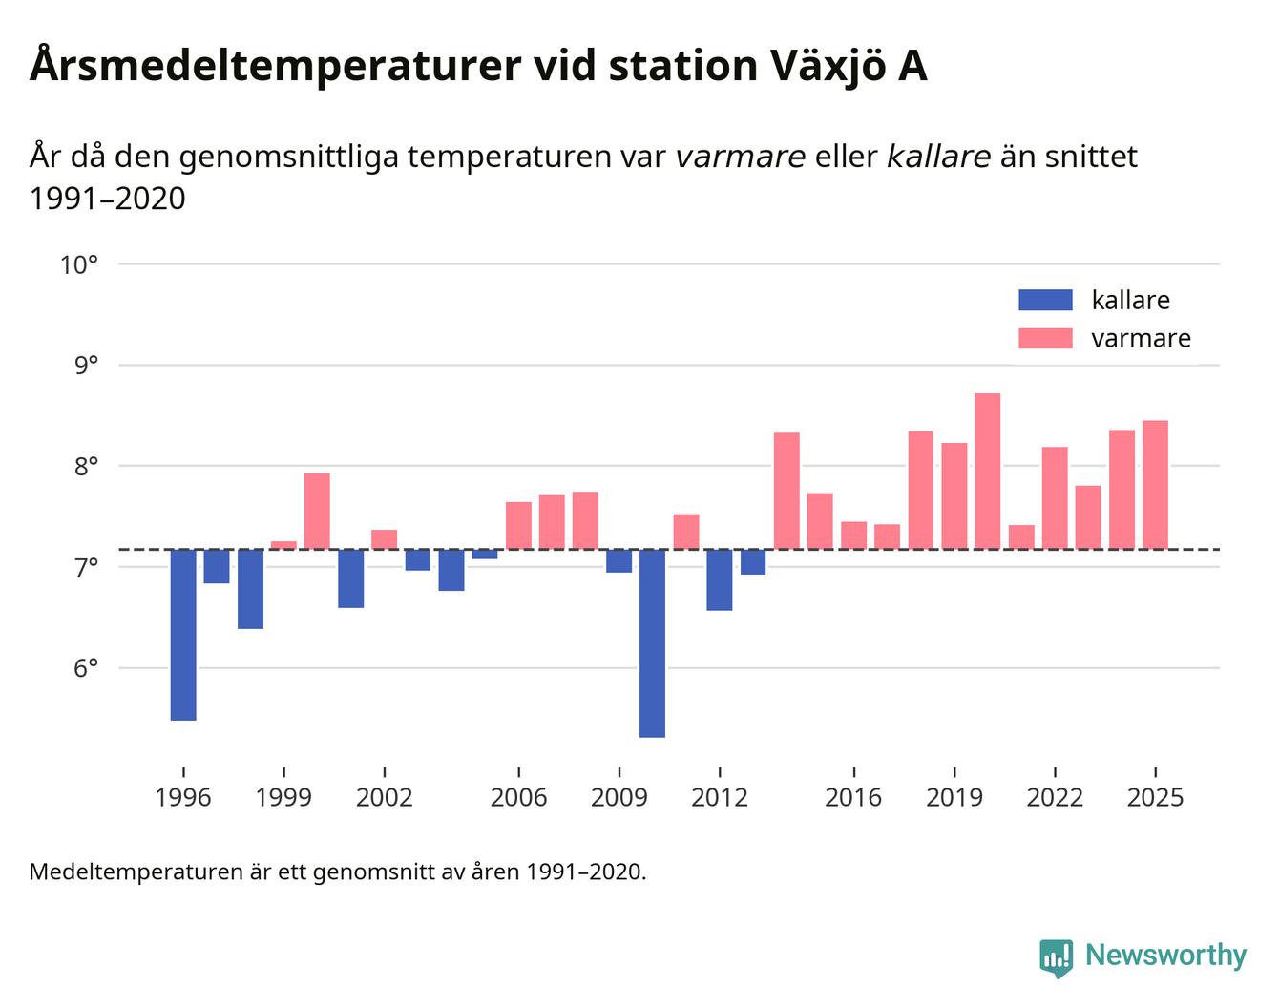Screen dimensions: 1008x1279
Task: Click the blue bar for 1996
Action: pyautogui.click(x=183, y=634)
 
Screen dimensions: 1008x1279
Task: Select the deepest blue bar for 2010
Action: pyautogui.click(x=653, y=642)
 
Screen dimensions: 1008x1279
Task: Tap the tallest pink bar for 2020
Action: pyautogui.click(x=988, y=472)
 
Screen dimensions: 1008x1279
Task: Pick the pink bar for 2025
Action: pyautogui.click(x=1155, y=485)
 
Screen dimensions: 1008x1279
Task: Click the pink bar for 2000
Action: pyautogui.click(x=317, y=512)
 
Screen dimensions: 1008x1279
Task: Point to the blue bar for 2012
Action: pyautogui.click(x=720, y=579)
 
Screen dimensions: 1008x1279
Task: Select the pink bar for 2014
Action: pyautogui.click(x=786, y=491)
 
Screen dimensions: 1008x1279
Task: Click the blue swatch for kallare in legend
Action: pyautogui.click(x=1045, y=300)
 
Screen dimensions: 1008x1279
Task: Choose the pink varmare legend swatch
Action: pyautogui.click(x=1045, y=338)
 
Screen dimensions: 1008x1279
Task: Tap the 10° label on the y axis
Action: pyautogui.click(x=79, y=264)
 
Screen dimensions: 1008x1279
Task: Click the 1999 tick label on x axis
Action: pyautogui.click(x=283, y=797)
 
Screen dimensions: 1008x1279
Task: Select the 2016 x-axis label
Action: pyautogui.click(x=853, y=797)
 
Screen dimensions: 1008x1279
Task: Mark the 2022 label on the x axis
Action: pyautogui.click(x=1055, y=797)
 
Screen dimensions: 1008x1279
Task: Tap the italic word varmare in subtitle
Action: pyautogui.click(x=740, y=156)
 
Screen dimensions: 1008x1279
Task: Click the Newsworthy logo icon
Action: pyautogui.click(x=1056, y=957)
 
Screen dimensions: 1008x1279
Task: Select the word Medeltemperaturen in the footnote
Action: pyautogui.click(x=136, y=871)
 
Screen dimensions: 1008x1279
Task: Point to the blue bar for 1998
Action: pyautogui.click(x=250, y=589)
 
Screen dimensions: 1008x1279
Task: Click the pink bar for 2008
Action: pyautogui.click(x=585, y=520)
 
